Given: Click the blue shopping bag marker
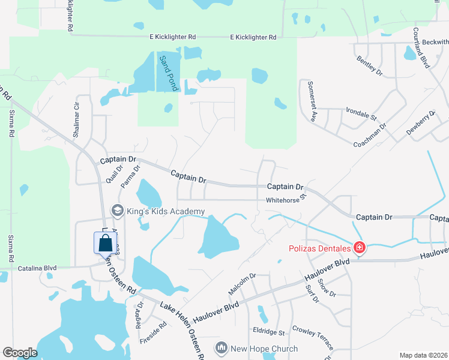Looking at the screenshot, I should click(x=105, y=243).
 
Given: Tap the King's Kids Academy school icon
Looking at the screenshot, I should click(x=118, y=211).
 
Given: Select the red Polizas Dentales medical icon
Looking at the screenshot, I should click(x=359, y=247).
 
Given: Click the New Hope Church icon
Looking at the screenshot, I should click(x=221, y=348).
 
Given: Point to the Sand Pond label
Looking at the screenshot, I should click(x=169, y=73).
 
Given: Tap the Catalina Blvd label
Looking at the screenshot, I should click(x=37, y=268).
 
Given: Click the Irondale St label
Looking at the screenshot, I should click(x=361, y=113).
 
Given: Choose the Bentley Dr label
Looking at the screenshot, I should click(x=369, y=65).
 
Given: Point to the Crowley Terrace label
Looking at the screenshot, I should click(x=312, y=338).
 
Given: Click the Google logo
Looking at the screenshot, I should click(x=20, y=352).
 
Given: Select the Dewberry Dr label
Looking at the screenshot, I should click(x=420, y=121).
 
